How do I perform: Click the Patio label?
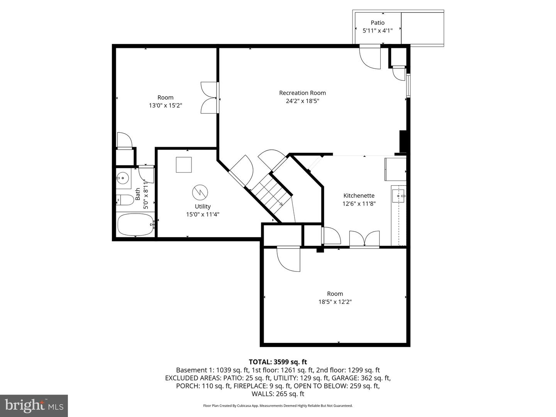[377, 23]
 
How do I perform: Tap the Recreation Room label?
[302, 93]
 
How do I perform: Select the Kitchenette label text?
[359, 196]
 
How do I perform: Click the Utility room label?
[202, 207]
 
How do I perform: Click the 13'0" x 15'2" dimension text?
[165, 105]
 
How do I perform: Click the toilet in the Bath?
[124, 200]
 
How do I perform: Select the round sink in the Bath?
[123, 178]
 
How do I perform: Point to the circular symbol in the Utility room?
[200, 192]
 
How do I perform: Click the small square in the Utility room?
[184, 165]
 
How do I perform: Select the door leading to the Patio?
[370, 57]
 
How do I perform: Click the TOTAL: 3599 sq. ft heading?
[278, 362]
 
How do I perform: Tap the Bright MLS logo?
[34, 405]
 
